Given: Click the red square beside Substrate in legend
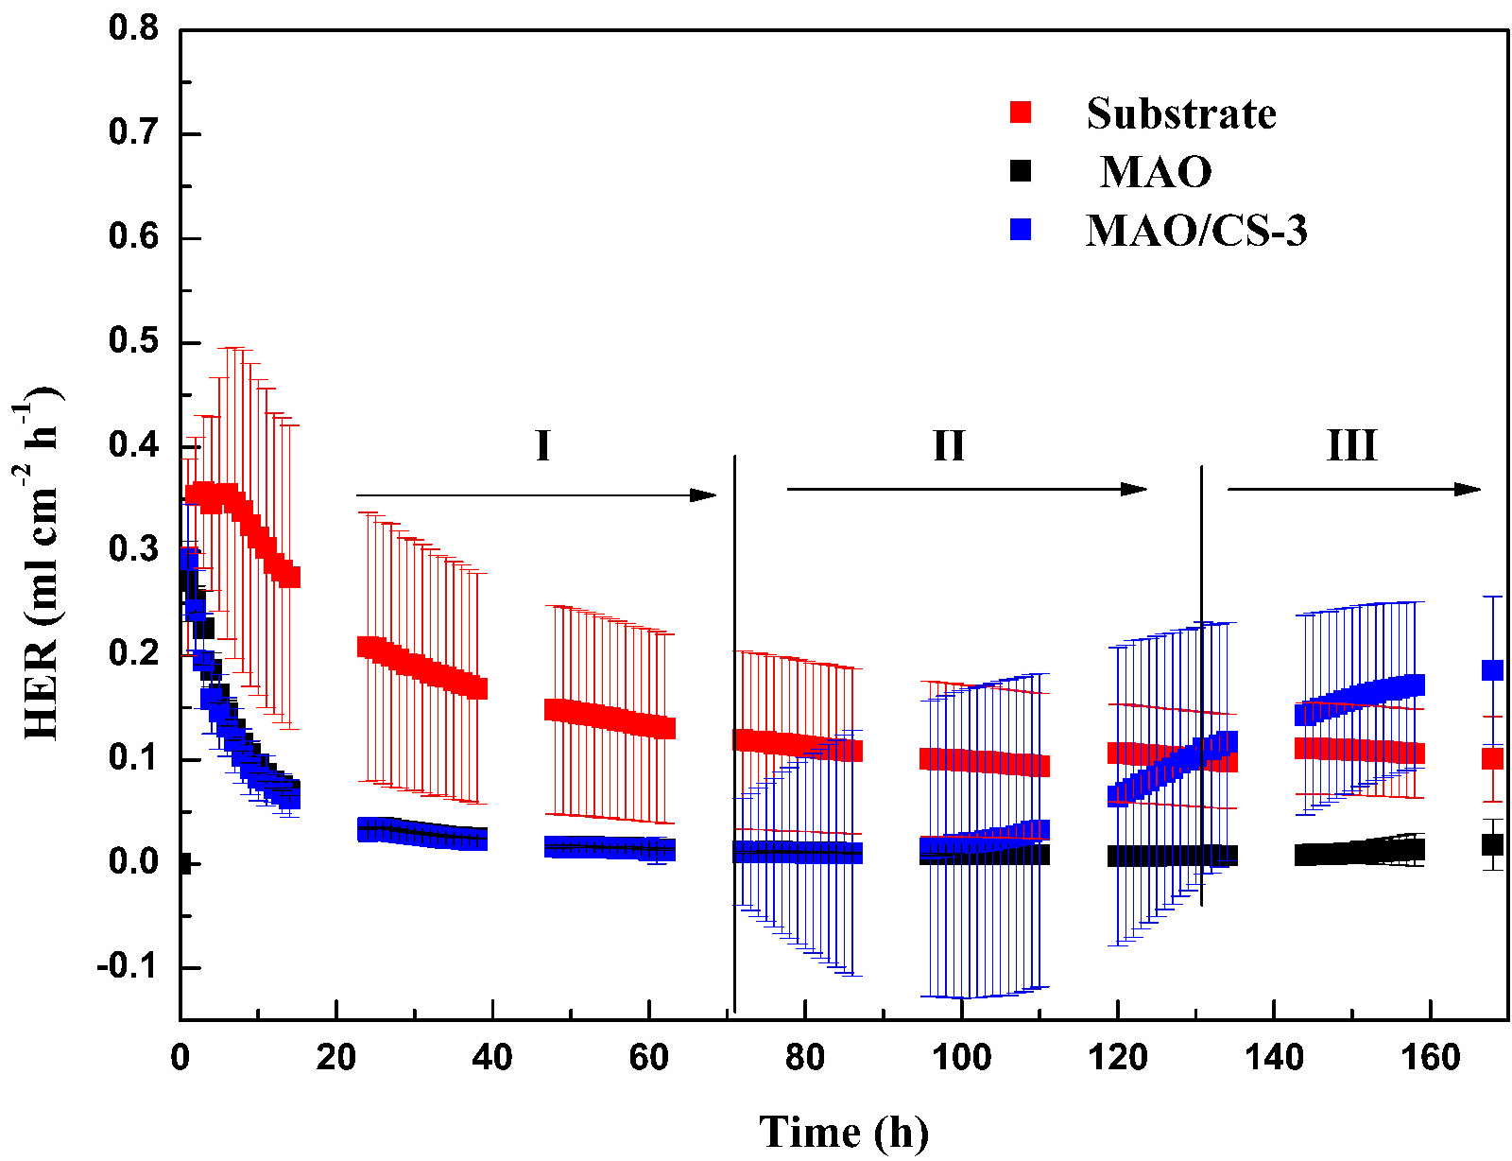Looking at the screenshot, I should [1021, 113].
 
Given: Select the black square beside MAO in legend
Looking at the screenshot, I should [1021, 171].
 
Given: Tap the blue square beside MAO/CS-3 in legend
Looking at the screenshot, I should [1021, 230].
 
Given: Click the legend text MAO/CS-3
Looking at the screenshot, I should [1196, 230].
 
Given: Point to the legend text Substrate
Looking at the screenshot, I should [1181, 113].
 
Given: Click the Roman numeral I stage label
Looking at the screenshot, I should [542, 445].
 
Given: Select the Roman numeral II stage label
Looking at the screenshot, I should [949, 445].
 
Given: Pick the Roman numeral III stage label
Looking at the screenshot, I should [1352, 445].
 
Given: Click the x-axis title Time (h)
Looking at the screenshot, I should [844, 1132].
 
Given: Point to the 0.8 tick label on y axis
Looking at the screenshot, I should [134, 28].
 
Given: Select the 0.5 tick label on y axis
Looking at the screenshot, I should [134, 341].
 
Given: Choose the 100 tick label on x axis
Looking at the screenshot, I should [961, 1057].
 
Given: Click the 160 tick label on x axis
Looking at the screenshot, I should [1431, 1057].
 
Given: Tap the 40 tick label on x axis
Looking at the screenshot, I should [492, 1057].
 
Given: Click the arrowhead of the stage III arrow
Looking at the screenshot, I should [1469, 489].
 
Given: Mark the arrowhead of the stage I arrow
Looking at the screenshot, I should [705, 494].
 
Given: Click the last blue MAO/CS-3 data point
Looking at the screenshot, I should [1492, 670].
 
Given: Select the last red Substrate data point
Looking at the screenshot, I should [1492, 758].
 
